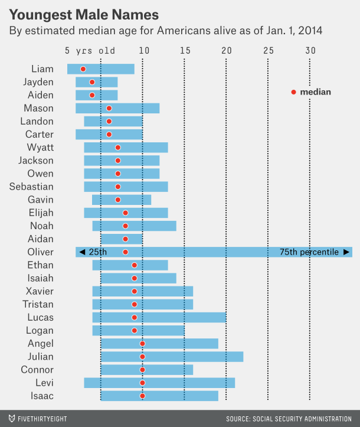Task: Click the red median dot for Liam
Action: click(83, 69)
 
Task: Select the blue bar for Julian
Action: click(172, 357)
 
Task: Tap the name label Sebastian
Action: click(31, 187)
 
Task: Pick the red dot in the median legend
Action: click(293, 92)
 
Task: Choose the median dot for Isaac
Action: click(142, 396)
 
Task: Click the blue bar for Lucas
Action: click(159, 318)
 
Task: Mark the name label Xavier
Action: click(40, 291)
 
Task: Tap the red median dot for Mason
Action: click(109, 108)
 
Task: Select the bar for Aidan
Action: click(122, 239)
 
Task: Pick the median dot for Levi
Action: click(142, 383)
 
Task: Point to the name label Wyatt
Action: click(40, 148)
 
